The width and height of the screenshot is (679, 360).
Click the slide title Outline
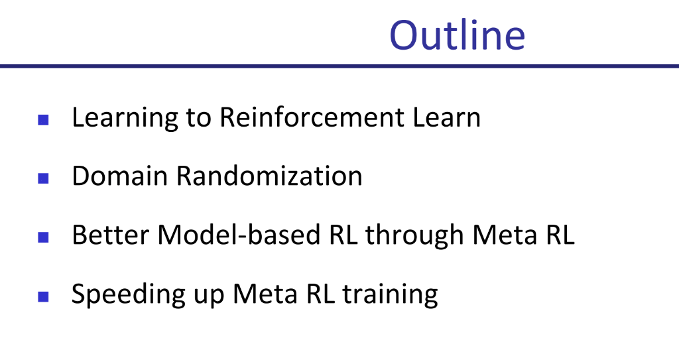[x=458, y=34]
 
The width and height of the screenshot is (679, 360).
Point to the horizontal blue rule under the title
[x=339, y=66]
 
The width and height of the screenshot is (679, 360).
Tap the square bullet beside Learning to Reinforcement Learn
[x=43, y=119]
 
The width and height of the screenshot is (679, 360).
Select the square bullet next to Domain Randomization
[x=43, y=178]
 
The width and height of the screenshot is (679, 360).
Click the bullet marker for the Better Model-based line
[x=43, y=237]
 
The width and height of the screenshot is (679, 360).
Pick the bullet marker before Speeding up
[x=43, y=297]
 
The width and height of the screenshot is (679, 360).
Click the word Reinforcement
[x=312, y=117]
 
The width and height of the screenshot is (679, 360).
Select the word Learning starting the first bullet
[x=125, y=118]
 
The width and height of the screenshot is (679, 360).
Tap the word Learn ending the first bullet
[x=446, y=117]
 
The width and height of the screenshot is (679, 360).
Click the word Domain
[x=119, y=176]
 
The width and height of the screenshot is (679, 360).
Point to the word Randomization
[x=269, y=176]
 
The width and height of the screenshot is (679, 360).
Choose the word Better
[x=111, y=235]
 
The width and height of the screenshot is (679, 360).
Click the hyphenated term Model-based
[x=239, y=235]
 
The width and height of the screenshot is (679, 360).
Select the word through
[x=415, y=236]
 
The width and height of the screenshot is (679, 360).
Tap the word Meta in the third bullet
[x=505, y=235]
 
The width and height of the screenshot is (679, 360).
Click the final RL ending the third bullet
[x=560, y=235]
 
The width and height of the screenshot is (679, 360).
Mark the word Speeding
[x=128, y=295]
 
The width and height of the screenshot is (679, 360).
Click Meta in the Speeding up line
[x=265, y=294]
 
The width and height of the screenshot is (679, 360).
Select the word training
[x=390, y=295]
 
